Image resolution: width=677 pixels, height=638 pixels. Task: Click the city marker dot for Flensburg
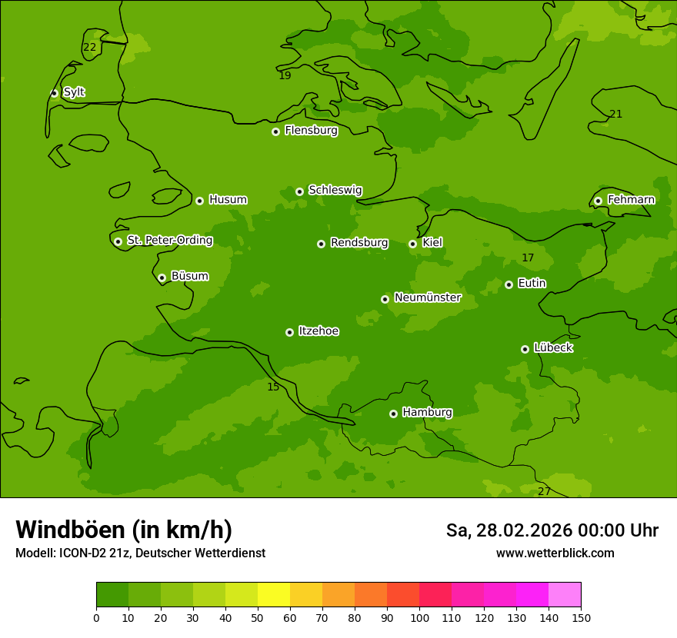(x=275, y=131)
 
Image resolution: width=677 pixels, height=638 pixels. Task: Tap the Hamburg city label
(x=427, y=412)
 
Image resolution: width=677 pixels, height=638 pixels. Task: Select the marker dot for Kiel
(x=412, y=244)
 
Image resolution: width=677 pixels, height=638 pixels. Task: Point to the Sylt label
(x=74, y=92)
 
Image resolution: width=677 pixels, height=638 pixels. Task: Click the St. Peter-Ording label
(x=169, y=240)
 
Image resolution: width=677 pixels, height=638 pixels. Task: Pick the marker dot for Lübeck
(x=525, y=349)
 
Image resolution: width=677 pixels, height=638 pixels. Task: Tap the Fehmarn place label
(x=631, y=200)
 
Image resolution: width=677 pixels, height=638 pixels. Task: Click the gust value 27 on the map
(x=544, y=491)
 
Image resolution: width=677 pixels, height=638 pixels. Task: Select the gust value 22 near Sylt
(x=90, y=47)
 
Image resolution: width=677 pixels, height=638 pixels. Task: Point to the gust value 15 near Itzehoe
(x=273, y=387)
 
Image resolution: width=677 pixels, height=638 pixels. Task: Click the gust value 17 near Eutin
(x=528, y=258)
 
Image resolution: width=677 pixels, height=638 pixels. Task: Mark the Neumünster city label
(x=427, y=297)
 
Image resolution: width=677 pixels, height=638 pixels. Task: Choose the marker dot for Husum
(x=199, y=201)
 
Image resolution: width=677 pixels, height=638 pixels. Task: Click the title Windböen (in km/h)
(x=124, y=530)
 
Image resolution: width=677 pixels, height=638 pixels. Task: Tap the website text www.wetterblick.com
(x=555, y=553)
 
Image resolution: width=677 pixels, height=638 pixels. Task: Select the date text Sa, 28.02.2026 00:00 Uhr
(x=552, y=530)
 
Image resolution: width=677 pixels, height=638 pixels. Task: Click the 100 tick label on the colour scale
(x=419, y=617)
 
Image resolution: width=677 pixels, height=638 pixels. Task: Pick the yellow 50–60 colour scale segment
(x=274, y=594)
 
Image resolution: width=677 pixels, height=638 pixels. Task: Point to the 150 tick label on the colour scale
(x=581, y=617)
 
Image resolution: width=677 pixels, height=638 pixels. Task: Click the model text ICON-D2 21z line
(x=140, y=553)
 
